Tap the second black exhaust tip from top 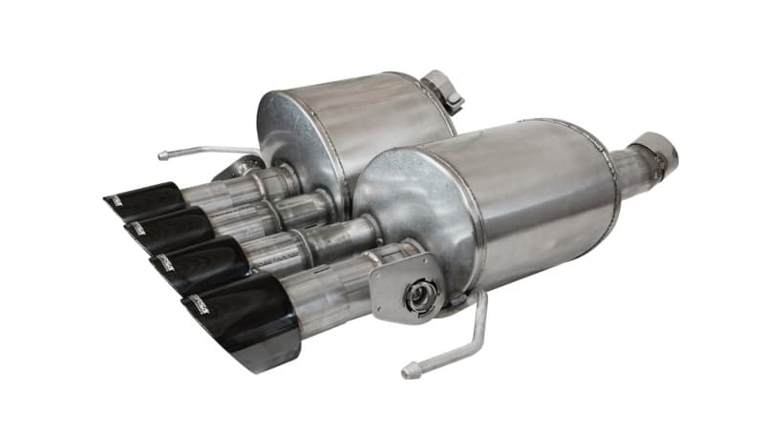(168, 230)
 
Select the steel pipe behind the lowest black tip (325, 286)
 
